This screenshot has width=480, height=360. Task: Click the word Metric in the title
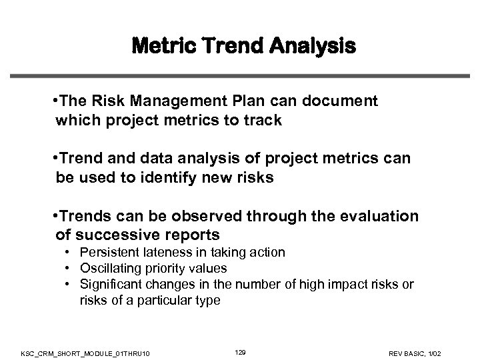162,47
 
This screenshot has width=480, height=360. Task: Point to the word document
341,101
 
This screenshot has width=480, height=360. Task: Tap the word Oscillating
108,269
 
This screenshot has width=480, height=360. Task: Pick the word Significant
109,285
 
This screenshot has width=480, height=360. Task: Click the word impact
337,285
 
